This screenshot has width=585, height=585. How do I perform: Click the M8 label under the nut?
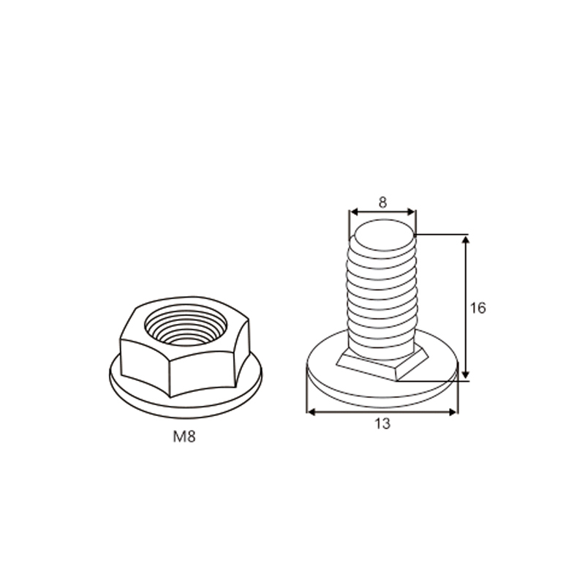point(184,437)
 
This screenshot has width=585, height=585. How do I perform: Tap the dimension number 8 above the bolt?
point(382,203)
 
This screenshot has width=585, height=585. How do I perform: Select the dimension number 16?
point(478,308)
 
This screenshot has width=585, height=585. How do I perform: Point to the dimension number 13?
point(382,424)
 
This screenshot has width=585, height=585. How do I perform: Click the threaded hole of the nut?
point(186,325)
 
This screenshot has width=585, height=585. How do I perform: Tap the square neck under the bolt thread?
point(382,363)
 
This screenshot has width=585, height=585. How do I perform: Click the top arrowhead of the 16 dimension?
point(465,240)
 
